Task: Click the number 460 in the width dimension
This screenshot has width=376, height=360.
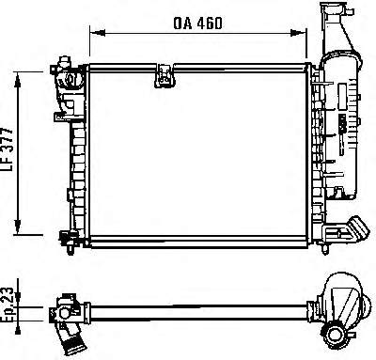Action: coord(210,23)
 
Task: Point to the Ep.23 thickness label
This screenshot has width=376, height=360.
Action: coord(8,304)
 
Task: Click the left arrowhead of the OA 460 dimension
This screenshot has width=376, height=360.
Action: coord(97,33)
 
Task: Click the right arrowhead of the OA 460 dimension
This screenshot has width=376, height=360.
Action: coord(298,33)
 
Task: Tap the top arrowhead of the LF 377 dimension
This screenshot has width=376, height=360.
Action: coord(18,79)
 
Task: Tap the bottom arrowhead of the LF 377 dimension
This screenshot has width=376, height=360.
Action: coord(18,227)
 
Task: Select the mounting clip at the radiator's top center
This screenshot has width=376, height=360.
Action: coord(164,75)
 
